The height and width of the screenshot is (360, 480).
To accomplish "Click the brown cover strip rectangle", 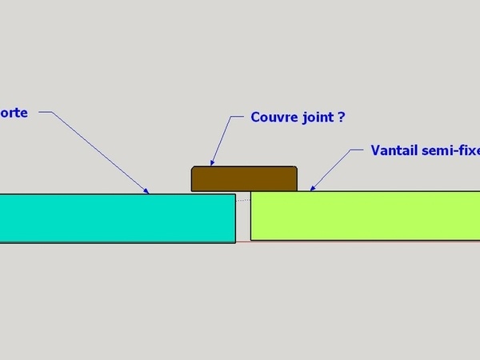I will [244, 178].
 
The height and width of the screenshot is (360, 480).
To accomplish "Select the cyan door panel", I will [117, 217].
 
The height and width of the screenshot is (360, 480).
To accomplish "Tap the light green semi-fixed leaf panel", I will [365, 215].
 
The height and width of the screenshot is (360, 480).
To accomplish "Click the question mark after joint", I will [342, 117].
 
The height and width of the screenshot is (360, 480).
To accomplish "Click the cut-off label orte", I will [14, 113].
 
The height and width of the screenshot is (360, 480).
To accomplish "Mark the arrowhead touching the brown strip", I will [211, 163].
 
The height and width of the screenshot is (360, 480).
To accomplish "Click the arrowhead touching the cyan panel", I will [147, 191].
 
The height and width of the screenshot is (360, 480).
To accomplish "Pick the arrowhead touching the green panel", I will [311, 189].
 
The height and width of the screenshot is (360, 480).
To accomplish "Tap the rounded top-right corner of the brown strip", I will [295, 168].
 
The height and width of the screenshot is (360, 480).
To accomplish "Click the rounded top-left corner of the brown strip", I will [193, 168].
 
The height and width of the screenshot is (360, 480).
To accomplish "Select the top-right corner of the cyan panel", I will [235, 194].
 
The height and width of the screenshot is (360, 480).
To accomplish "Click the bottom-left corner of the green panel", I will [251, 239].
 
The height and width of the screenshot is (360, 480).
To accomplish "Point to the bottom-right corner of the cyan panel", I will [235, 241].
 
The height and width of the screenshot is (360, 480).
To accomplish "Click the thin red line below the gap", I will [243, 242].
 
